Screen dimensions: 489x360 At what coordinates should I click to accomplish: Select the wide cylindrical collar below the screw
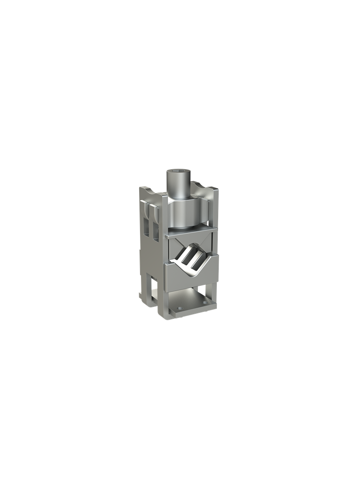pyautogui.click(x=188, y=214)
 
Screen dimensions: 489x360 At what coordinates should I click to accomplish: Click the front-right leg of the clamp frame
pyautogui.click(x=215, y=296)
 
